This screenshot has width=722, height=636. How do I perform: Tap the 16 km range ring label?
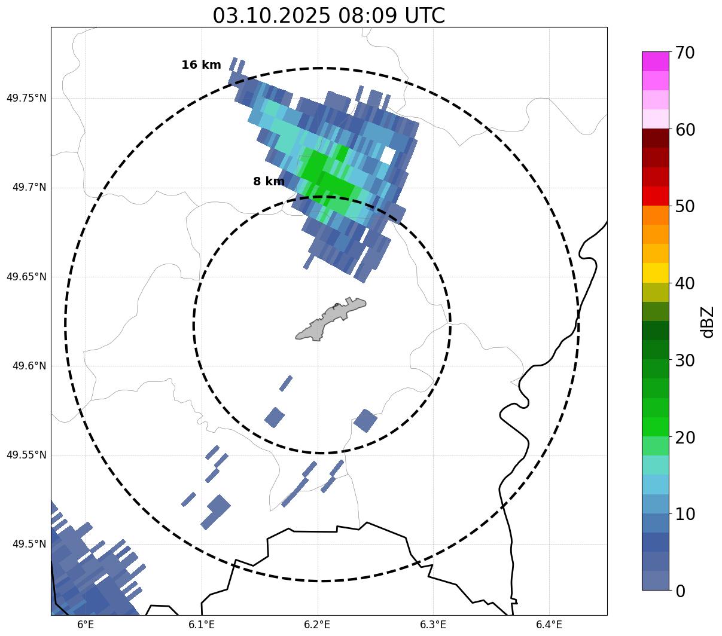click(x=201, y=65)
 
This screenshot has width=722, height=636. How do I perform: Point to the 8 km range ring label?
click(x=269, y=182)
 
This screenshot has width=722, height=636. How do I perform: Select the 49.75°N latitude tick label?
click(x=26, y=98)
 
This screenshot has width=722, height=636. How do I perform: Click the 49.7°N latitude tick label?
click(x=29, y=188)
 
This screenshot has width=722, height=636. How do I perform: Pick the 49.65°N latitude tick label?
click(x=26, y=277)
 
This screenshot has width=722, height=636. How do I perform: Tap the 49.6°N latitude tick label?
click(x=29, y=366)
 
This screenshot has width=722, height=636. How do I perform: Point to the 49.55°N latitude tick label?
click(x=26, y=455)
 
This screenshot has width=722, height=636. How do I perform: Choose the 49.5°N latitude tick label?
click(x=29, y=544)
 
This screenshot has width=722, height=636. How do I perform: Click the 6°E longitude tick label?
click(x=86, y=625)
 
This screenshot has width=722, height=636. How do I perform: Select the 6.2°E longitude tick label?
click(x=318, y=625)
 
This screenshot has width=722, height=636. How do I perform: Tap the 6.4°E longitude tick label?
click(x=549, y=625)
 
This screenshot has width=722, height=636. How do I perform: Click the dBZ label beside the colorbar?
click(x=708, y=322)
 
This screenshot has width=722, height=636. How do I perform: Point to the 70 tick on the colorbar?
click(x=684, y=53)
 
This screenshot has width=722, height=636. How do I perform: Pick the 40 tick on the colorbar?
click(x=684, y=283)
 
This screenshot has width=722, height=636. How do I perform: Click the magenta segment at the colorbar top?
click(x=655, y=61)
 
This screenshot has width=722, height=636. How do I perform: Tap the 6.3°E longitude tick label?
click(x=433, y=625)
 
